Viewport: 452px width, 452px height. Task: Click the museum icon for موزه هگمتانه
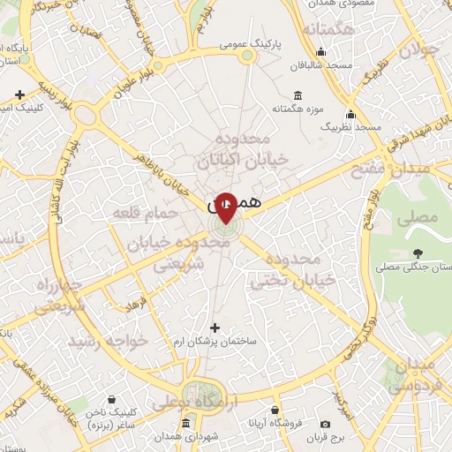coord(297,95)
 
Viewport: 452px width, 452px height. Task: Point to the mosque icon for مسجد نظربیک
coord(352,114)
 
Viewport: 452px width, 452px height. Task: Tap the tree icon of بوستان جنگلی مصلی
coord(417,254)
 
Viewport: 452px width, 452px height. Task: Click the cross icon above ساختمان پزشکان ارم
coord(214,328)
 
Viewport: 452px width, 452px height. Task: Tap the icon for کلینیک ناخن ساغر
coord(111,399)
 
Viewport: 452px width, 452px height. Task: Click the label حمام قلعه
coord(139,213)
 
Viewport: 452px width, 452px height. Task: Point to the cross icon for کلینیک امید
coord(19,94)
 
